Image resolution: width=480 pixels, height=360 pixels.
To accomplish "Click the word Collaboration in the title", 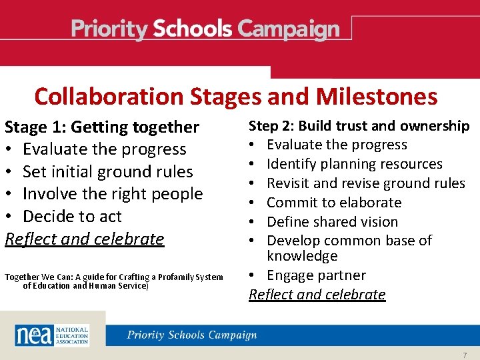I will [x=109, y=97].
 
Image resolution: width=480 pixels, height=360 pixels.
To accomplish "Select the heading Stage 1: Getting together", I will [x=102, y=127].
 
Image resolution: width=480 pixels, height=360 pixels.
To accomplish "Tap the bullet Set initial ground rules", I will [x=107, y=171].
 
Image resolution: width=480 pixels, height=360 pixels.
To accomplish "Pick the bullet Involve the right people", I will [x=112, y=194].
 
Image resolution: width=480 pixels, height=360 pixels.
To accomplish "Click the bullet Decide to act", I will [x=72, y=217].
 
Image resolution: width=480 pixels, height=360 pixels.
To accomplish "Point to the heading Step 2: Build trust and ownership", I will [x=359, y=126].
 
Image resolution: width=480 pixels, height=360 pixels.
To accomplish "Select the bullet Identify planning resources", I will [x=354, y=164].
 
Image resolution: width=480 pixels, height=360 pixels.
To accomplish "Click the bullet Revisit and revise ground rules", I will [x=365, y=183].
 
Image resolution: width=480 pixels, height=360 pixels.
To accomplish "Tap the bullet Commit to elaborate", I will [x=333, y=203].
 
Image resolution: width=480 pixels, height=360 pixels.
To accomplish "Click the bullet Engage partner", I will [x=316, y=275].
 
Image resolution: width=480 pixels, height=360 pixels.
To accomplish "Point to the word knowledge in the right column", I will [x=302, y=257].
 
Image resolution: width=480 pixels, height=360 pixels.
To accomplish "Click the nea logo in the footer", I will [x=33, y=335].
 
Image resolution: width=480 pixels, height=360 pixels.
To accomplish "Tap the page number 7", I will [x=464, y=355].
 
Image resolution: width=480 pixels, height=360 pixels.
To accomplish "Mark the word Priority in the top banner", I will [x=109, y=30].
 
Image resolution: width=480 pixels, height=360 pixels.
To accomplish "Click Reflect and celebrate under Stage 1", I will [x=84, y=239].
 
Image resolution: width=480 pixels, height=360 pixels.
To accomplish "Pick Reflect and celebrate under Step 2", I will [x=317, y=295].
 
